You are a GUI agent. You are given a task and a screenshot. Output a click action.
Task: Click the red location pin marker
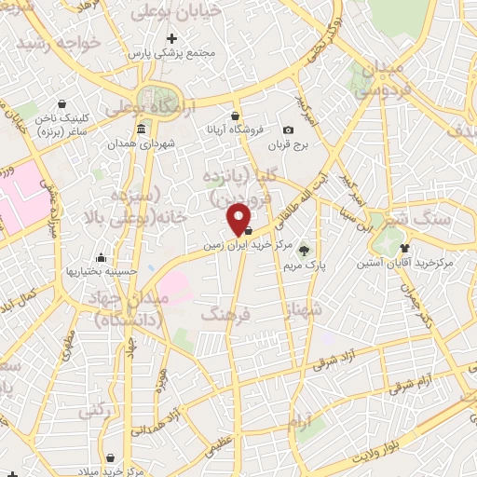[x=239, y=218]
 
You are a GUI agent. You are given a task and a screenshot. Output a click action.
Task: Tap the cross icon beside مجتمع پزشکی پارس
[x=170, y=39]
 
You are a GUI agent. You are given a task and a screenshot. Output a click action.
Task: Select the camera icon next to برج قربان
[x=288, y=129]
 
